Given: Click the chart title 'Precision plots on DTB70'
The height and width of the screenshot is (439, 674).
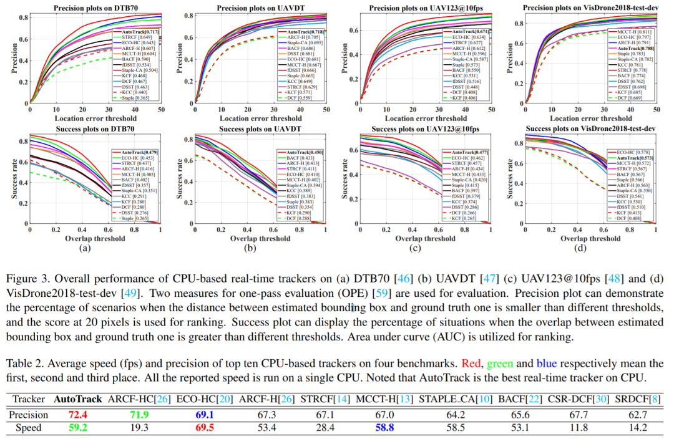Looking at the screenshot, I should (94, 8).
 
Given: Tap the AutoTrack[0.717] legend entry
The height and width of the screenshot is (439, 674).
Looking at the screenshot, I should (136, 31).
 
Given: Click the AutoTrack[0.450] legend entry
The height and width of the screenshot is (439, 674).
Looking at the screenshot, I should (304, 152).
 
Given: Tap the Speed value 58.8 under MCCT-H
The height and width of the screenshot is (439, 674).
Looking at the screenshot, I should (381, 428).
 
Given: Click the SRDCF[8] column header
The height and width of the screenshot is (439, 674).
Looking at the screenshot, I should (638, 398).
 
